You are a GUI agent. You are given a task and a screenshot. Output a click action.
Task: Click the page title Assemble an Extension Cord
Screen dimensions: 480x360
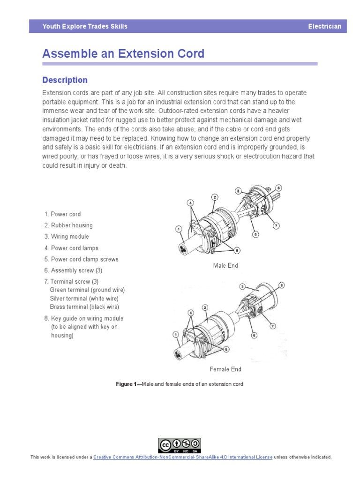(x=123, y=53)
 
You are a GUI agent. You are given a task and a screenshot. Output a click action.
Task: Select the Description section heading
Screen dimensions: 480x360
(x=65, y=80)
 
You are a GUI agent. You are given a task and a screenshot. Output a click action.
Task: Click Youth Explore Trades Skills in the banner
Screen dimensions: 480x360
(x=85, y=26)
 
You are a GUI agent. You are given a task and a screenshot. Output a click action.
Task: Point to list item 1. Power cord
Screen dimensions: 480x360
(x=62, y=214)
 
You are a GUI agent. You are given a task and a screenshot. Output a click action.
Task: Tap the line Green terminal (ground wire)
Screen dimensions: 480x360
(x=87, y=290)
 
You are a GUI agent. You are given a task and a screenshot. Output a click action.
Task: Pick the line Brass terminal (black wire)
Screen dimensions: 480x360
(x=84, y=307)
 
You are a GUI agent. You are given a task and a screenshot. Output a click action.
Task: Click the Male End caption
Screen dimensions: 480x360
(x=225, y=266)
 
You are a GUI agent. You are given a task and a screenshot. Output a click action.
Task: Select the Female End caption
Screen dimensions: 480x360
(x=225, y=369)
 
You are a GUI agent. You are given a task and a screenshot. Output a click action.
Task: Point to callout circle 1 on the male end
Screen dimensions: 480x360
(x=179, y=229)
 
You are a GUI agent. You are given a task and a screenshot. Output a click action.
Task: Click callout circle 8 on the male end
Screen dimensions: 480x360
(x=278, y=188)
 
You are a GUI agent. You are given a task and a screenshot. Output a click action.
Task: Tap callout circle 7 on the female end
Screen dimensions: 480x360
(x=272, y=325)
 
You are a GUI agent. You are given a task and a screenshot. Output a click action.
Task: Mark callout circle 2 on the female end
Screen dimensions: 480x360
(x=205, y=307)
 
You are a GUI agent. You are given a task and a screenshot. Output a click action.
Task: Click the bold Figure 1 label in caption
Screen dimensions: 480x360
(x=126, y=384)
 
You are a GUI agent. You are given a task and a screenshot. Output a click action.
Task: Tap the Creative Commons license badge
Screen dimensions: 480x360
(x=180, y=445)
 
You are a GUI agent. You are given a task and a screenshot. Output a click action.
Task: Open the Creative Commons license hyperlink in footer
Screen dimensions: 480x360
(x=182, y=457)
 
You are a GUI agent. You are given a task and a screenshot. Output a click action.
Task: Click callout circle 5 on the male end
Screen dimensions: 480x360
(x=237, y=250)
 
